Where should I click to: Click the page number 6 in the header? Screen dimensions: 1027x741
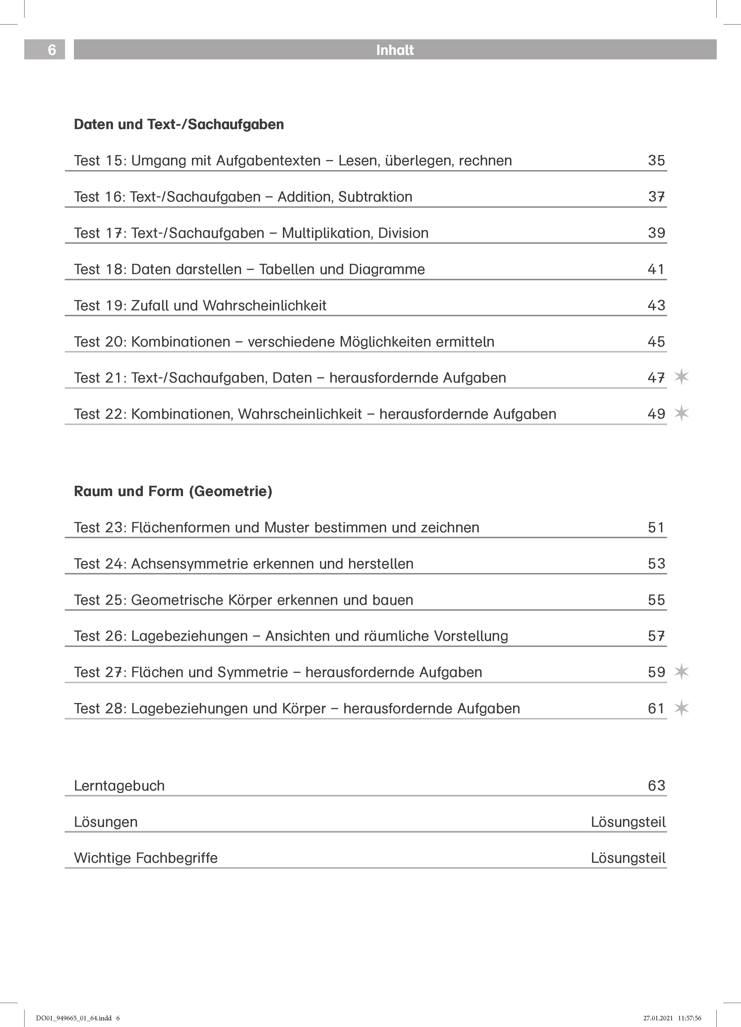pyautogui.click(x=52, y=50)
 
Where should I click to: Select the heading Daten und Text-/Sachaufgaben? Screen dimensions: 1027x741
pyautogui.click(x=179, y=125)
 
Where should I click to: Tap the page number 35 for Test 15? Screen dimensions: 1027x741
pyautogui.click(x=656, y=160)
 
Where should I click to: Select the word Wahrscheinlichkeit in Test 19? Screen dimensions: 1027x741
pyautogui.click(x=264, y=306)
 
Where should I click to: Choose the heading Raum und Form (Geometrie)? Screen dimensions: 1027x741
pyautogui.click(x=173, y=491)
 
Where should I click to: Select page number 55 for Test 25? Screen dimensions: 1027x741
pyautogui.click(x=656, y=600)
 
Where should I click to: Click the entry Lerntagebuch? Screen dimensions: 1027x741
pyautogui.click(x=119, y=786)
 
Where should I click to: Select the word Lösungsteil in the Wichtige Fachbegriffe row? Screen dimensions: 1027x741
pyautogui.click(x=628, y=858)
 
